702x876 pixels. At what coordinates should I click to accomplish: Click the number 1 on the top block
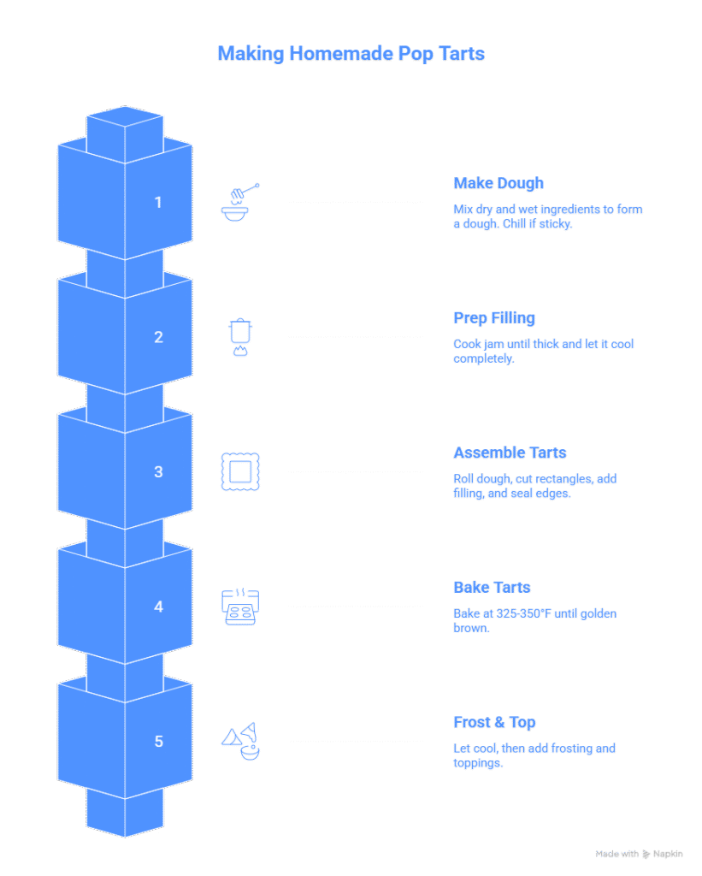click(157, 203)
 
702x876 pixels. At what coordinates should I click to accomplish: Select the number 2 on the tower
click(158, 337)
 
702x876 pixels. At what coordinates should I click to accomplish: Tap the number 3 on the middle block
click(158, 471)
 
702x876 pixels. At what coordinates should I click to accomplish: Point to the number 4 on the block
click(158, 607)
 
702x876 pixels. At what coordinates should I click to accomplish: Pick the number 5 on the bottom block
click(158, 741)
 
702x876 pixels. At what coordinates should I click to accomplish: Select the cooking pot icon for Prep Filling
click(240, 337)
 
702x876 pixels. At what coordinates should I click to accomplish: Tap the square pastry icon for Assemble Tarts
click(240, 471)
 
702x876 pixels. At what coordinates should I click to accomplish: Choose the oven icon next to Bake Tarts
click(240, 607)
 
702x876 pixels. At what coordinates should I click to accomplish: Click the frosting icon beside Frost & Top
click(240, 741)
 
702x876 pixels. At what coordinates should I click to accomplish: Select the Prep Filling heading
click(494, 319)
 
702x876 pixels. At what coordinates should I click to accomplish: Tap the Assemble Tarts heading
click(510, 453)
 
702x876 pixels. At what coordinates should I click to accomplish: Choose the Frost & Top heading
click(494, 723)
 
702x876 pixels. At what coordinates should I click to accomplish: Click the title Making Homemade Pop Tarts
click(351, 55)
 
